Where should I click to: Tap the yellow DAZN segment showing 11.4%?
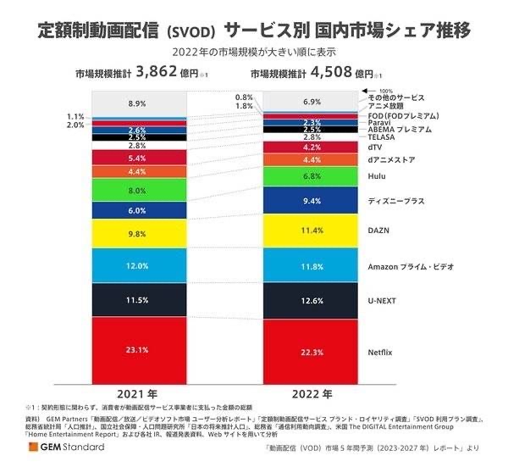coord(312,229)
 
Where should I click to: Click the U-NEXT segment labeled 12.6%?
coord(312,301)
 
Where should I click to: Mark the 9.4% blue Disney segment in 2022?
coord(312,200)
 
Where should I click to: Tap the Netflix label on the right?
coord(381,351)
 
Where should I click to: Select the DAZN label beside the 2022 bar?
coord(378,231)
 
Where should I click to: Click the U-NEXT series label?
coord(382,301)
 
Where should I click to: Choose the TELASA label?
coord(381,136)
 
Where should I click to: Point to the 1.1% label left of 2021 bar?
coord(75,116)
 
